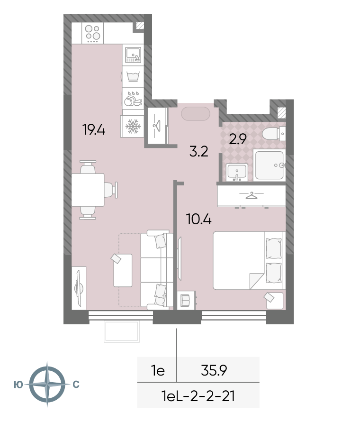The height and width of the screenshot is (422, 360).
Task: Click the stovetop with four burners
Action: (92, 33)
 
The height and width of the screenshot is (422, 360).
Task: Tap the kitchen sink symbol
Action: (133, 55)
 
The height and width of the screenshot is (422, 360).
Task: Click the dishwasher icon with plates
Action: (133, 99)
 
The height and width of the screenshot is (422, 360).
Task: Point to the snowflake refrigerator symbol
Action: (132, 127)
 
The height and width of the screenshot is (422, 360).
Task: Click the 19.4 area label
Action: (94, 130)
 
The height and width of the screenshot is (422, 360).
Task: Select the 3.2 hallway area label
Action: (198, 152)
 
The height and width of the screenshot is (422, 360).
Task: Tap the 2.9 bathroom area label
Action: (238, 139)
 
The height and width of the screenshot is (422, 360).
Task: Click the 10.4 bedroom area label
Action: (198, 219)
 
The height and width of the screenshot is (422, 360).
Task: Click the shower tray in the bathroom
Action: (270, 165)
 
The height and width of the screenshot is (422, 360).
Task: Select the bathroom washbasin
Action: (236, 172)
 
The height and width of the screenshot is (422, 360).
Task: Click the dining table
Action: (88, 190)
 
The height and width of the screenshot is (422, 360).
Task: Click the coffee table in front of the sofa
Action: (123, 270)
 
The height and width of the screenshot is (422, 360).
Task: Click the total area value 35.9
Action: (214, 370)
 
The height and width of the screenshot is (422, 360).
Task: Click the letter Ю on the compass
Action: (18, 385)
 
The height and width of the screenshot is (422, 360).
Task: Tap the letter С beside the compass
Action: (76, 385)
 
